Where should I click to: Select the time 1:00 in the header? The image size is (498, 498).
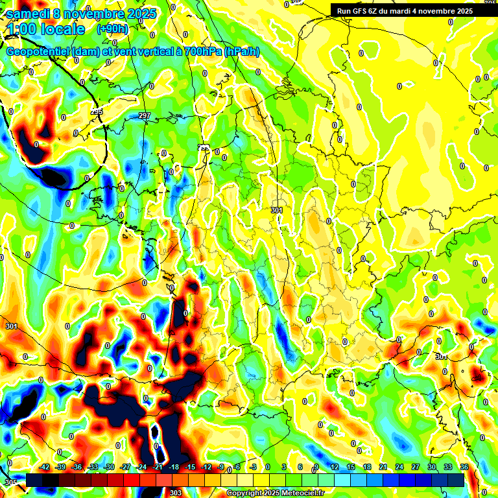point(21,29)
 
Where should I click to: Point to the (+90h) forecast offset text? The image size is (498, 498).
point(112,29)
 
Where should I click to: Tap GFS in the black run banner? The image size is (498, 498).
point(361,11)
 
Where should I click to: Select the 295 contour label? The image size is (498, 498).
point(97,112)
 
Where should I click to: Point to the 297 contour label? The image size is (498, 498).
point(144,116)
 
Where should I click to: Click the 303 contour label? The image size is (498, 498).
point(176,493)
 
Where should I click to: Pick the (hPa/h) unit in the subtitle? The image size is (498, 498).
point(241,51)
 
